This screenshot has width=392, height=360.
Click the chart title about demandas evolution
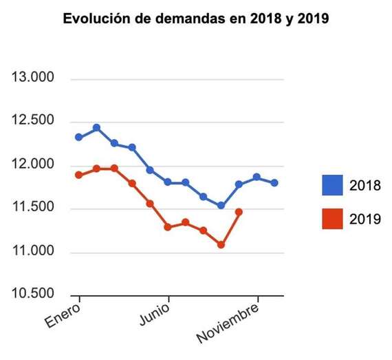click(196, 19)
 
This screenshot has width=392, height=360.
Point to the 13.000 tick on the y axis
click(34, 78)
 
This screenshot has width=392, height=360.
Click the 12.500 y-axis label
click(34, 122)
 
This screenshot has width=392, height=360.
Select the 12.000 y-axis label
click(34, 165)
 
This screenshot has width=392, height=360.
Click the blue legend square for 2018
click(333, 185)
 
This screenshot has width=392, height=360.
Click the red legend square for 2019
click(333, 218)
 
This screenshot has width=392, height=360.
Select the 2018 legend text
click(365, 185)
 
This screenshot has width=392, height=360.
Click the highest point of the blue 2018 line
click(97, 128)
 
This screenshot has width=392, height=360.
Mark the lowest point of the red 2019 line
click(221, 244)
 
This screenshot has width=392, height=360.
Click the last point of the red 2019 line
click(239, 212)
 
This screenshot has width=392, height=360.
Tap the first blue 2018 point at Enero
click(79, 137)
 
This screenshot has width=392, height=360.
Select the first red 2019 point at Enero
click(79, 175)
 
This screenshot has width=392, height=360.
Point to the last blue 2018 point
click(274, 182)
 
